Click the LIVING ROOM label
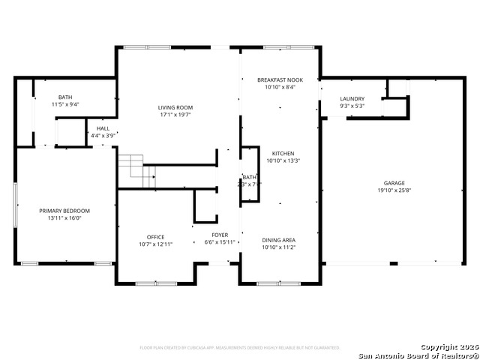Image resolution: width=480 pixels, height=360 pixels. tap(175, 108)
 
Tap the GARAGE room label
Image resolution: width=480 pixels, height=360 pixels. tap(394, 183)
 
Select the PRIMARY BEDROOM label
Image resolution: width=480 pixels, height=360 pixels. tap(64, 211)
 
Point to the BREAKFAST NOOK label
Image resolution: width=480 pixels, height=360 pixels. tap(280, 79)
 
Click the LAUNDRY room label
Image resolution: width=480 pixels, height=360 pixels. tap(352, 99)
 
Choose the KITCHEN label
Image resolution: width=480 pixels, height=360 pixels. tap(283, 153)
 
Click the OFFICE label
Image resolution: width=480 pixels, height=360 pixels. tap(155, 237)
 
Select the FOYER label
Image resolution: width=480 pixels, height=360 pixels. tap(220, 235)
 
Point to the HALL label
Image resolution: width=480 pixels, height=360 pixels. tap(103, 129)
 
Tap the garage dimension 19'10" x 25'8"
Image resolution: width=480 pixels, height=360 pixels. tap(394, 190)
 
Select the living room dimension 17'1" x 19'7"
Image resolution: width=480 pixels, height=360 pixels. tap(175, 115)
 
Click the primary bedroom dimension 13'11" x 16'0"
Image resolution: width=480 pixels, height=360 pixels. tap(64, 218)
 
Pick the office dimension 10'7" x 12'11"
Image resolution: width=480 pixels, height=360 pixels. tap(155, 244)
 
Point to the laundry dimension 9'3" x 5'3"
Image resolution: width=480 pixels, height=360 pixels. tap(352, 106)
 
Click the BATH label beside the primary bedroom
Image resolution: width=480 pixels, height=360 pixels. tap(65, 97)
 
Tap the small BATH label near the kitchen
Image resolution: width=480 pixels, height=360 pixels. tap(249, 177)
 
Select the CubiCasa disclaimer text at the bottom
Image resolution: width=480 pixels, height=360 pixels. tap(240, 348)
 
